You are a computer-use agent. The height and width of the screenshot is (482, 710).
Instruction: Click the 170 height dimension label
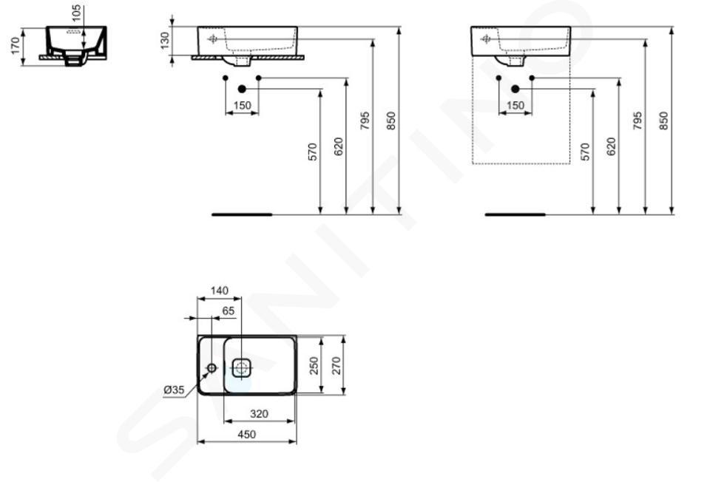[x=16, y=46]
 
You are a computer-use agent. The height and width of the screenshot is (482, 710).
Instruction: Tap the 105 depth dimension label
[x=76, y=13]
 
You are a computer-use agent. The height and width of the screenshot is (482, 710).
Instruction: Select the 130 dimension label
[x=165, y=40]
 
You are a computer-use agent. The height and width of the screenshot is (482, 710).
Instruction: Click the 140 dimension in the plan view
[x=220, y=291]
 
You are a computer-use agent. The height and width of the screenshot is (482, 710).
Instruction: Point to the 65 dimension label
[x=229, y=311]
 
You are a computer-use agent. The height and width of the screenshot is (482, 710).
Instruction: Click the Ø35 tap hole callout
[x=175, y=390]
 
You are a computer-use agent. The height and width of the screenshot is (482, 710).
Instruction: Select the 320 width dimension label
[x=259, y=414]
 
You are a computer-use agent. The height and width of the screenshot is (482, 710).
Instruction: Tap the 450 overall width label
[x=247, y=435]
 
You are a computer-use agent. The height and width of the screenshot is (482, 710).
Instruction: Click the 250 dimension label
[x=314, y=366]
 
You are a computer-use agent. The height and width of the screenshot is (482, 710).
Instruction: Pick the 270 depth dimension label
[x=336, y=366]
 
